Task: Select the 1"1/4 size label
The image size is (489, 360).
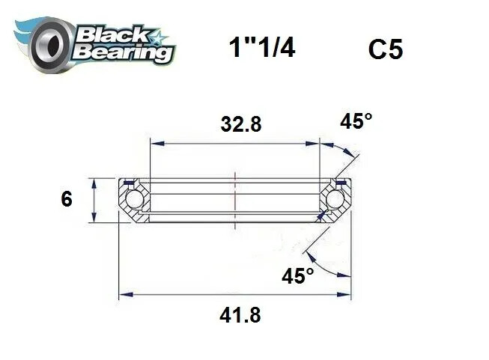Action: click(261, 49)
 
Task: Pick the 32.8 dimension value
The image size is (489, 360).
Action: click(240, 125)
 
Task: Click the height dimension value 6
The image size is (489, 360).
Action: click(66, 200)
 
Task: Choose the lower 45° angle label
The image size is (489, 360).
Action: click(298, 276)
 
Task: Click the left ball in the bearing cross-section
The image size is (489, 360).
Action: click(135, 200)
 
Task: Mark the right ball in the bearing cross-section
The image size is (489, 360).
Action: click(335, 200)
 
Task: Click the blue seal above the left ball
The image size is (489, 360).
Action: click(130, 182)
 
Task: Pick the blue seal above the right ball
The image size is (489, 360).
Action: click(341, 182)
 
